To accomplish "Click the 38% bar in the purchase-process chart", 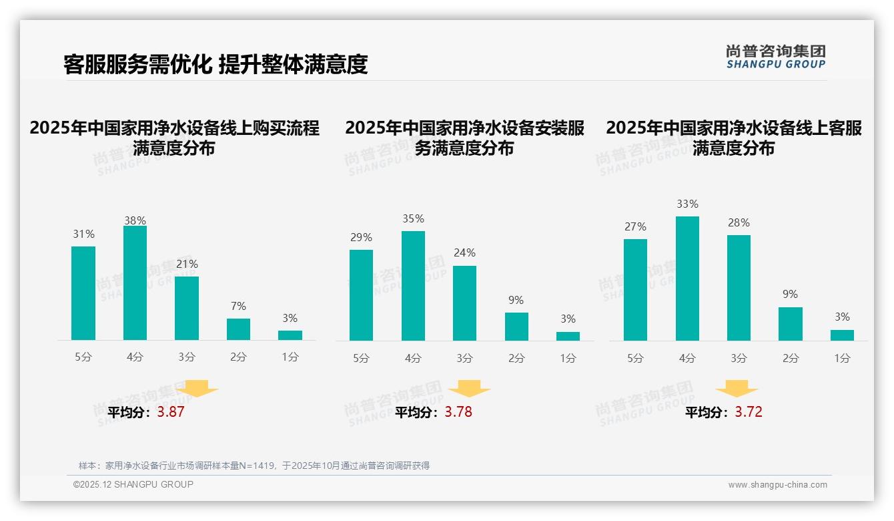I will click(x=135, y=283).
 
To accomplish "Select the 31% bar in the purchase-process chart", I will click(x=83, y=293).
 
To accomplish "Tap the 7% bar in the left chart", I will click(x=238, y=329).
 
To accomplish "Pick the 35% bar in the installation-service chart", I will click(x=413, y=286).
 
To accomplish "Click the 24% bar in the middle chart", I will click(x=464, y=303).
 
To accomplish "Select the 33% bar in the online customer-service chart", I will click(x=687, y=279).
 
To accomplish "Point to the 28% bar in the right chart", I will click(x=739, y=288).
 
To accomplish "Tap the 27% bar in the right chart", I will click(x=635, y=290).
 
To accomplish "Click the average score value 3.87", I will click(x=171, y=412).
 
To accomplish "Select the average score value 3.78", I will click(x=458, y=412).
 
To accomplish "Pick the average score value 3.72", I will click(x=749, y=412).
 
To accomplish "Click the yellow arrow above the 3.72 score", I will click(x=737, y=389).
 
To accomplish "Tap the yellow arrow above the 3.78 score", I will click(x=470, y=389).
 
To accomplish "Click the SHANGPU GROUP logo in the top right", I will click(x=775, y=57).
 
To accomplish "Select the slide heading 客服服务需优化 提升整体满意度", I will click(x=215, y=64).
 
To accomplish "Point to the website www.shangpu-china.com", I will click(x=777, y=485).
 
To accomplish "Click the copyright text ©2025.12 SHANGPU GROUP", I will click(x=133, y=484).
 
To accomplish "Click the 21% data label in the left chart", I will click(x=187, y=264).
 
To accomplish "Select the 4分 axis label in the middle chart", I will click(x=413, y=358).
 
